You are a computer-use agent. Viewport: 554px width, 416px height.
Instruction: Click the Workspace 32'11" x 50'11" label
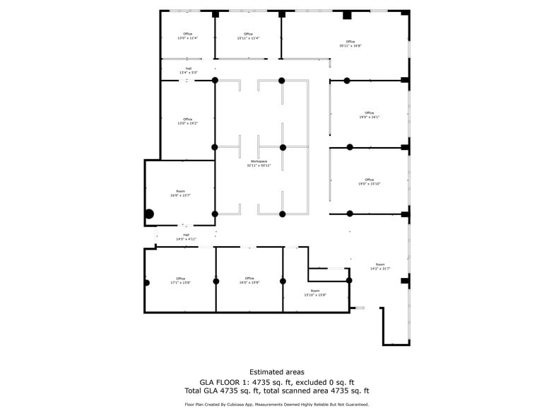pos(259,163)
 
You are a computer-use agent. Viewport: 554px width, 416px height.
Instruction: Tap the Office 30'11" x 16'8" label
pos(350,44)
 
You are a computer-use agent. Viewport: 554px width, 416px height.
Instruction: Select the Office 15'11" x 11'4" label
pos(248,36)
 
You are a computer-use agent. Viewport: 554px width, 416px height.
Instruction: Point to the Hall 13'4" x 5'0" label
pos(188,71)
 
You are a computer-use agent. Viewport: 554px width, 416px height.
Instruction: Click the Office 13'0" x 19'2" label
pos(187,121)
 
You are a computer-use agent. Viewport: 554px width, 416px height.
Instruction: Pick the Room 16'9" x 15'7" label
pos(180,193)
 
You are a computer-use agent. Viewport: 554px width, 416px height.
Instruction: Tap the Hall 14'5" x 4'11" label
pos(186,237)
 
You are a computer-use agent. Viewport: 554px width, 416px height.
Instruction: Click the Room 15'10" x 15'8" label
pos(315,293)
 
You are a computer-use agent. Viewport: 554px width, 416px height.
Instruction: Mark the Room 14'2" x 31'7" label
pos(380,267)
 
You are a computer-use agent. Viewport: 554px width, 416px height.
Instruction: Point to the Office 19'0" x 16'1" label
pos(369,115)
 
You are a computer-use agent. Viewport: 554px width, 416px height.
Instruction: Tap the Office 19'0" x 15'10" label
pos(369,182)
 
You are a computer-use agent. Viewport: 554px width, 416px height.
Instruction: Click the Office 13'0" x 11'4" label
pos(187,36)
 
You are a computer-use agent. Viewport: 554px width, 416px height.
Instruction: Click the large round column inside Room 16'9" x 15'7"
pos(149,214)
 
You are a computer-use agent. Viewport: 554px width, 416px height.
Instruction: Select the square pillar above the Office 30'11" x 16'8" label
pos(347,15)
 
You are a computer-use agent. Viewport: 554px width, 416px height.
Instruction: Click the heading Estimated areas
pos(277,372)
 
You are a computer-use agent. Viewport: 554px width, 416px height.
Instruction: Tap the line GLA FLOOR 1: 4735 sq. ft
pos(277,381)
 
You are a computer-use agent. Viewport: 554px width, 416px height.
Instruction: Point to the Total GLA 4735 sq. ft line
pos(277,391)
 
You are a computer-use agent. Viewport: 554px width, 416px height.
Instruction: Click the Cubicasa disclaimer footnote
pos(277,405)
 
